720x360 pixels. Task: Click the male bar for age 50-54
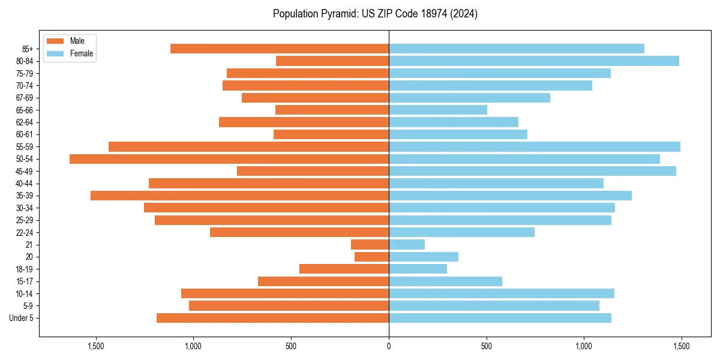coord(229,159)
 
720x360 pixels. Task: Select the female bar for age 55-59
coord(534,146)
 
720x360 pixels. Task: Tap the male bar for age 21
coord(370,245)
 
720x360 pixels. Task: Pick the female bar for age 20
coord(424,257)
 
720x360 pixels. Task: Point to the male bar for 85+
coord(280,49)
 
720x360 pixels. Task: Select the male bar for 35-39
coord(239,196)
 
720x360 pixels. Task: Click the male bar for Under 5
coord(272,318)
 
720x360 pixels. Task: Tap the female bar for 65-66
coord(438,110)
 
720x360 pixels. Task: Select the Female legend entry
coord(70,53)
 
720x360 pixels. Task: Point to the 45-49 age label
coord(25,171)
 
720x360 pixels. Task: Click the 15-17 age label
coord(25,281)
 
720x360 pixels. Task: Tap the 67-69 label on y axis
coord(25,98)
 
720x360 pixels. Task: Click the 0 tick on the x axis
coord(389,346)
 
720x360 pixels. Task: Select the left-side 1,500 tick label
coord(96,346)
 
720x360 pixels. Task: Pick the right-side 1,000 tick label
coord(584,346)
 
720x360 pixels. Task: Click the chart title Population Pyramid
coord(375,14)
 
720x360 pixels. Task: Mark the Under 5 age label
coord(22,318)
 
